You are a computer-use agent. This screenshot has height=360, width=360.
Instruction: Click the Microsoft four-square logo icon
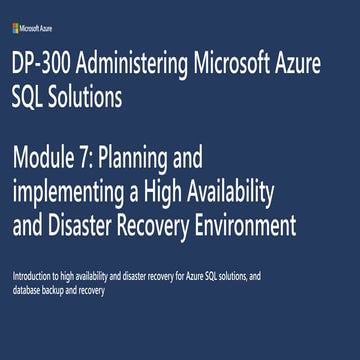tap(16, 16)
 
